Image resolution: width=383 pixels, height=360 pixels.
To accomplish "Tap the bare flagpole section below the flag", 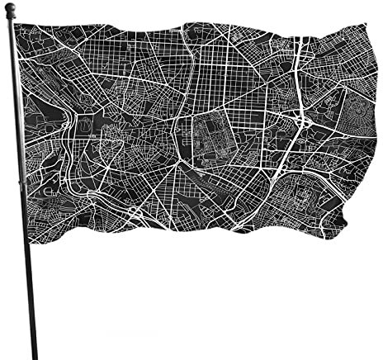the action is point(31,289).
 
